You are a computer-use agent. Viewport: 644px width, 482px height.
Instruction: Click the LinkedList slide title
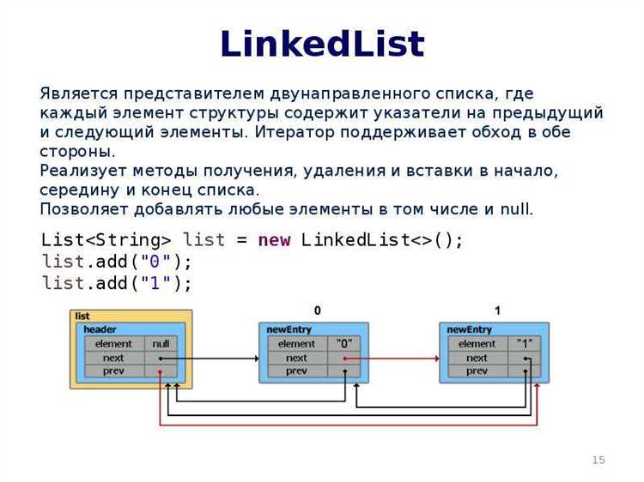coord(322,45)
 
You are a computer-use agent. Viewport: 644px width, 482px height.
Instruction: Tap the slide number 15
coord(598,461)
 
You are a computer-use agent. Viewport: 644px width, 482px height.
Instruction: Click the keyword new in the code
coord(274,240)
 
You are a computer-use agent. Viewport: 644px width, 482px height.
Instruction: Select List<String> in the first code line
coord(106,240)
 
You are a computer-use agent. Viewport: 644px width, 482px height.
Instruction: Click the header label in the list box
coord(100,329)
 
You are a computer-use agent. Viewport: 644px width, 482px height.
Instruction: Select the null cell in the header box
coord(161,344)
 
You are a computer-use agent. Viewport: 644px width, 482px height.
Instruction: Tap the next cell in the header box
coord(113,358)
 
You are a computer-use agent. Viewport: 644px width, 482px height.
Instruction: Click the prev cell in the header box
coord(113,371)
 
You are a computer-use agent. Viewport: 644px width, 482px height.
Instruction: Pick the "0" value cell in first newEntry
coord(344,344)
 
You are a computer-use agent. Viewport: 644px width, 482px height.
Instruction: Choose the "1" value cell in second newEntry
coord(525,344)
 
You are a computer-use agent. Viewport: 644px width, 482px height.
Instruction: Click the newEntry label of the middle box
coord(289,329)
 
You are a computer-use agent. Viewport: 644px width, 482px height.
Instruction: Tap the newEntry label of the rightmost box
coord(470,329)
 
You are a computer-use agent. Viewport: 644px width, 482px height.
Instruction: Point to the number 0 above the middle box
coord(317,310)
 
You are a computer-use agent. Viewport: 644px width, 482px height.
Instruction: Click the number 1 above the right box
coord(497,310)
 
